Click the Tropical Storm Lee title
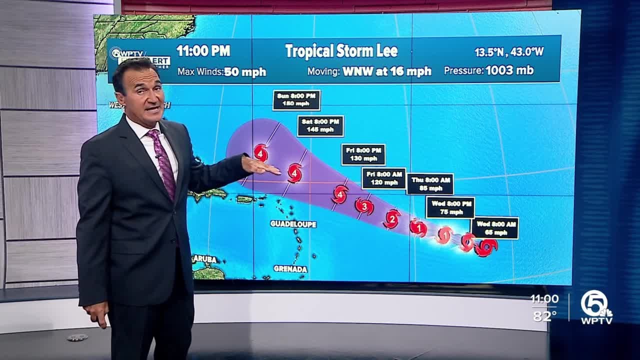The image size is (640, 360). (x=341, y=51)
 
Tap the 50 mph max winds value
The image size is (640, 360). (x=245, y=71)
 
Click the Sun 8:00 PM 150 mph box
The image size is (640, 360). (x=296, y=100)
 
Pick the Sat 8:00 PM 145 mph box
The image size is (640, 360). (x=320, y=126)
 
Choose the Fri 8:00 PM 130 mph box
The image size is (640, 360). (x=363, y=154)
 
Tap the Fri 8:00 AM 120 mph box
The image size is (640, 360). (x=383, y=178)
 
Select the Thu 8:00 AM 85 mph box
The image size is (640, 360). (x=430, y=184)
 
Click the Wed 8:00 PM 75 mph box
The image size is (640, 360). (x=450, y=207)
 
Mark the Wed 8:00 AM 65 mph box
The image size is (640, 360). (x=494, y=228)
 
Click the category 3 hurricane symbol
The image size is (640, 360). (x=364, y=206)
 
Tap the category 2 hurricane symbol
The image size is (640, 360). (x=392, y=218)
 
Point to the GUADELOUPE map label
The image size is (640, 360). (x=293, y=224)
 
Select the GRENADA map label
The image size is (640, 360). (x=290, y=269)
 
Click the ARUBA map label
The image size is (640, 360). (x=205, y=259)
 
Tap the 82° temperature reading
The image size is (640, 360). (x=544, y=316)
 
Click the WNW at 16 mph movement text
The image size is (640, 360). (x=386, y=71)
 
